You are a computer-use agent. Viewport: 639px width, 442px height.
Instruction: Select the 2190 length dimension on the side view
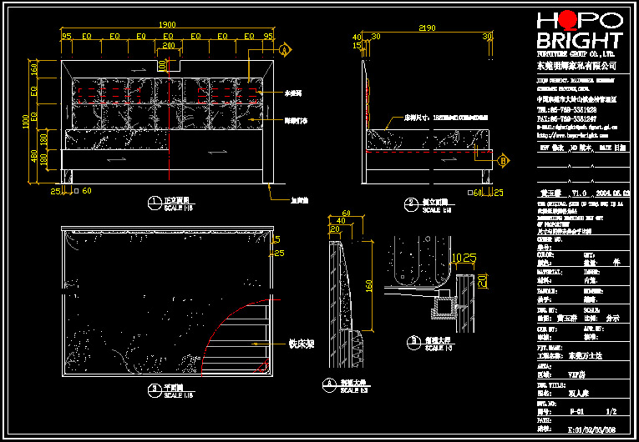[427, 28]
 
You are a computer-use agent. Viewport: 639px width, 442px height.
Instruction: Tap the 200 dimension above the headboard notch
[169, 47]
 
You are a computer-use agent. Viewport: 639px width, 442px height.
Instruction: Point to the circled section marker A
[285, 52]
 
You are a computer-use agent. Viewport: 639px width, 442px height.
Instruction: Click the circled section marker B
[504, 159]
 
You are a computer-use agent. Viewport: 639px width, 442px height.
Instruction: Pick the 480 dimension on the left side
[34, 156]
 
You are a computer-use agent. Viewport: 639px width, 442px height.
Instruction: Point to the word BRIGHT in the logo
[579, 42]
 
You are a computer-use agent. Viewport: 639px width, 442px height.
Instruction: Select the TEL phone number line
[566, 109]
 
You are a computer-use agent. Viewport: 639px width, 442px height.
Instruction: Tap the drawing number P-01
[576, 411]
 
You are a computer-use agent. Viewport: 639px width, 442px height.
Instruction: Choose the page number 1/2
[611, 411]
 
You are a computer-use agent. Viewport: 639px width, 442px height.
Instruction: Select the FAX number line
[566, 118]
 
